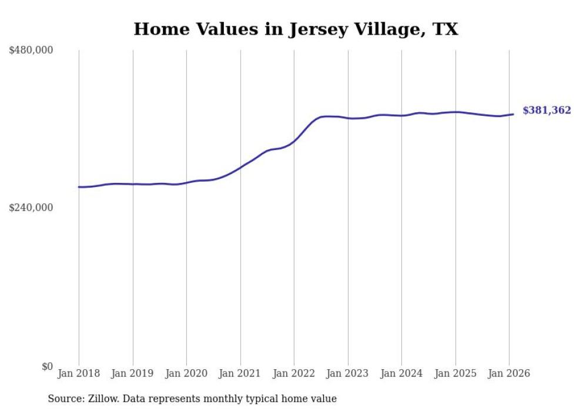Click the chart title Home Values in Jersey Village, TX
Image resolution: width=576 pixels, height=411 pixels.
[x=296, y=29]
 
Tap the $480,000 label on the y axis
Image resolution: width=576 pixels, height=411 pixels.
[x=31, y=51]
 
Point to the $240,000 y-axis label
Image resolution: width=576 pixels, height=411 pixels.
[x=31, y=208]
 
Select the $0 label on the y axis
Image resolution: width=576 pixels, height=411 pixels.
[x=47, y=366]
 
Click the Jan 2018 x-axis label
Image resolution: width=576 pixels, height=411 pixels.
[x=79, y=374]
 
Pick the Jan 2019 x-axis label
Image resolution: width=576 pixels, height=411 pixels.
[x=133, y=374]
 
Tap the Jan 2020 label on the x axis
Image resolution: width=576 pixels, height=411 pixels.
[x=186, y=374]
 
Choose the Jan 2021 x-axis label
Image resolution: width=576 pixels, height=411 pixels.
[x=240, y=374]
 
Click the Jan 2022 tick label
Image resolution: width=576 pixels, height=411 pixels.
[x=294, y=374]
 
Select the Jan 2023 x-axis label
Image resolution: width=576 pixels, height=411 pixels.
[x=348, y=374]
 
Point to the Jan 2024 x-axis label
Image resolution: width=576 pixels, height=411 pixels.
[x=401, y=374]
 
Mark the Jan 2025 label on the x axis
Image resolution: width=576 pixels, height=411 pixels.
[x=456, y=374]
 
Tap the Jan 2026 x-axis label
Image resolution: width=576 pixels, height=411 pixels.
[x=509, y=374]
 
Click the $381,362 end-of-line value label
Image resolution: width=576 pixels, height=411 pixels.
[x=547, y=111]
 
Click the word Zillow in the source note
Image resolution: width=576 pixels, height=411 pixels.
[x=103, y=399]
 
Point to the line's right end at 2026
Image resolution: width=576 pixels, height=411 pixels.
[x=513, y=114]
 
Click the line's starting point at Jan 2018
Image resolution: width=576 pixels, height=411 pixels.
[x=79, y=187]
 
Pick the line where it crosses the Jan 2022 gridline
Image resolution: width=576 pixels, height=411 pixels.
[x=294, y=141]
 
